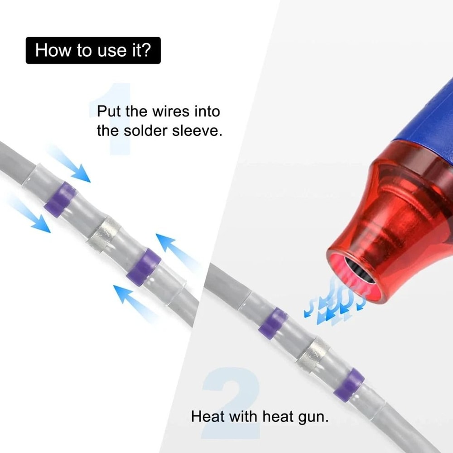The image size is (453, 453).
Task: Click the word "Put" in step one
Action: coord(109,111)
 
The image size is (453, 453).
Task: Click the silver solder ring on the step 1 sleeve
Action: coord(104,234)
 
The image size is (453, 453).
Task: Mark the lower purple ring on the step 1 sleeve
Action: coord(143,267)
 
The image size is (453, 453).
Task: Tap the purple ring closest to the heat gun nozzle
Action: coord(273,323)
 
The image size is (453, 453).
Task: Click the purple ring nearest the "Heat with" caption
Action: coord(349,385)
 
